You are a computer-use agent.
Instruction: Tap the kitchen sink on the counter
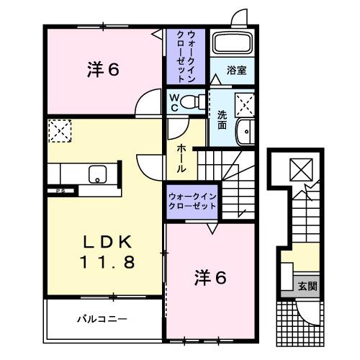pyautogui.click(x=96, y=174)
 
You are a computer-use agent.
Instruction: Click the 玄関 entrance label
pyautogui.click(x=307, y=286)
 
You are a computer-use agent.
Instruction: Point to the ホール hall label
pyautogui.click(x=183, y=156)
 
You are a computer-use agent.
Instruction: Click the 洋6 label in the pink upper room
pyautogui.click(x=103, y=70)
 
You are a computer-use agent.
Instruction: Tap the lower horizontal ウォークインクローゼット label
pyautogui.click(x=192, y=200)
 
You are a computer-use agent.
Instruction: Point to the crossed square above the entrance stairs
pyautogui.click(x=297, y=171)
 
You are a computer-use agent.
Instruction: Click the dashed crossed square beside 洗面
pyautogui.click(x=245, y=106)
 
